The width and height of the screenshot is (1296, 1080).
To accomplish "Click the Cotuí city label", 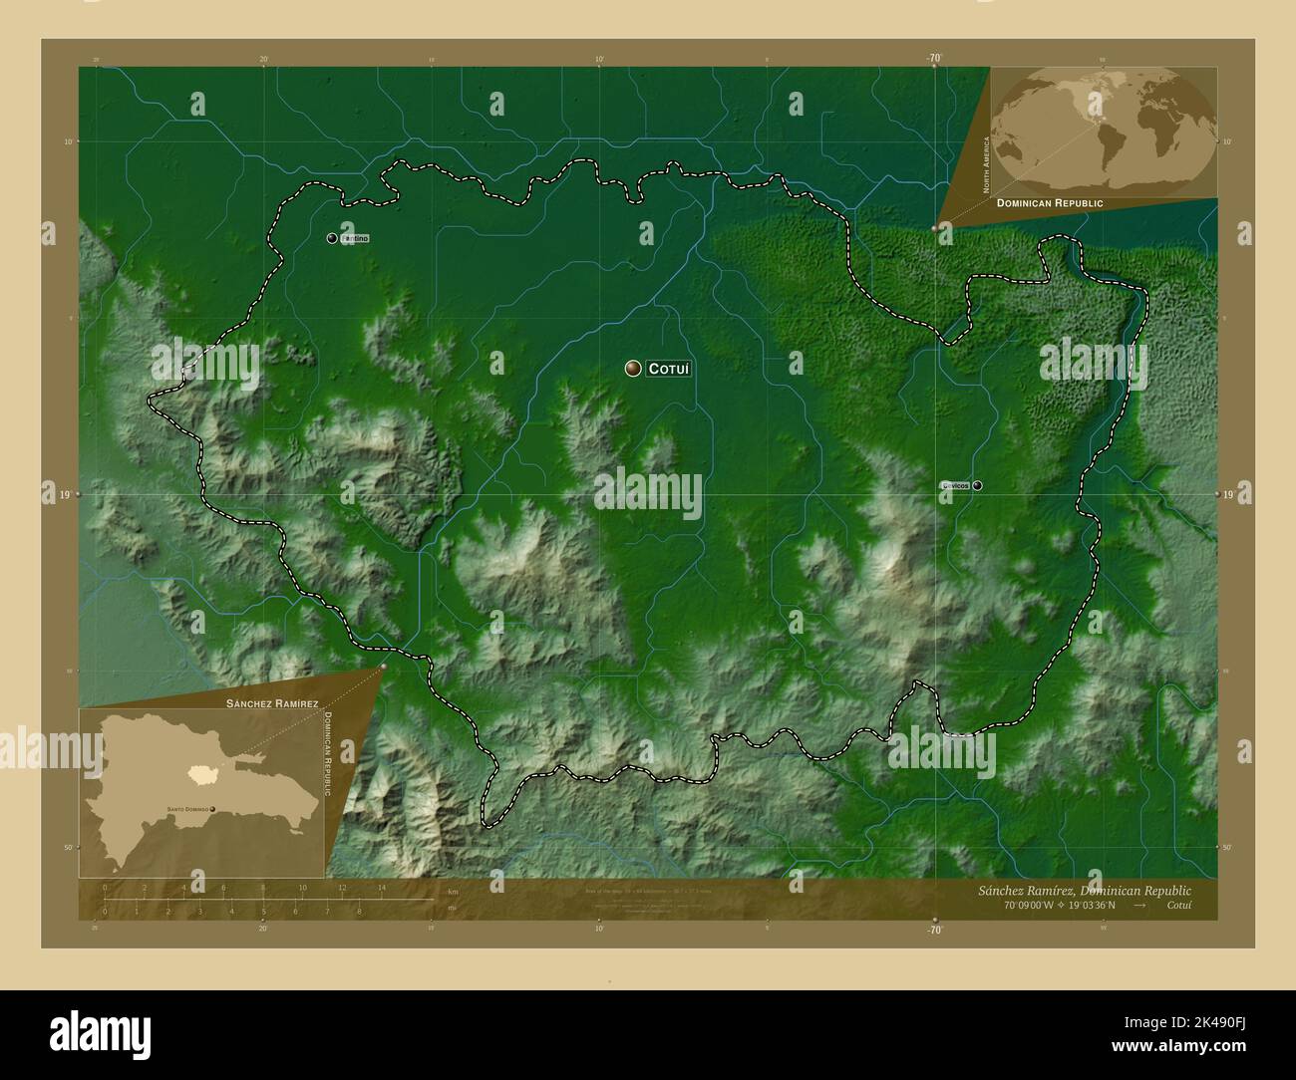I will [x=669, y=369].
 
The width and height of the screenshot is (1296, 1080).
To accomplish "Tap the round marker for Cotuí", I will [x=633, y=369].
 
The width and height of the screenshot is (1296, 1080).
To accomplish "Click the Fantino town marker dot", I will [x=332, y=238].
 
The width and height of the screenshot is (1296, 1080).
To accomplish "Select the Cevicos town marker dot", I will [x=978, y=485].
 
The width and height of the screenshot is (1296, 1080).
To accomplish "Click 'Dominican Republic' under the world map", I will [x=1049, y=202].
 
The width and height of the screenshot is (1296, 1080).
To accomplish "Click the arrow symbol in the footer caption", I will [x=1139, y=906].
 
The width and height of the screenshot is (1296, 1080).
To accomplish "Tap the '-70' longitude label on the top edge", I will [x=934, y=59].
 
